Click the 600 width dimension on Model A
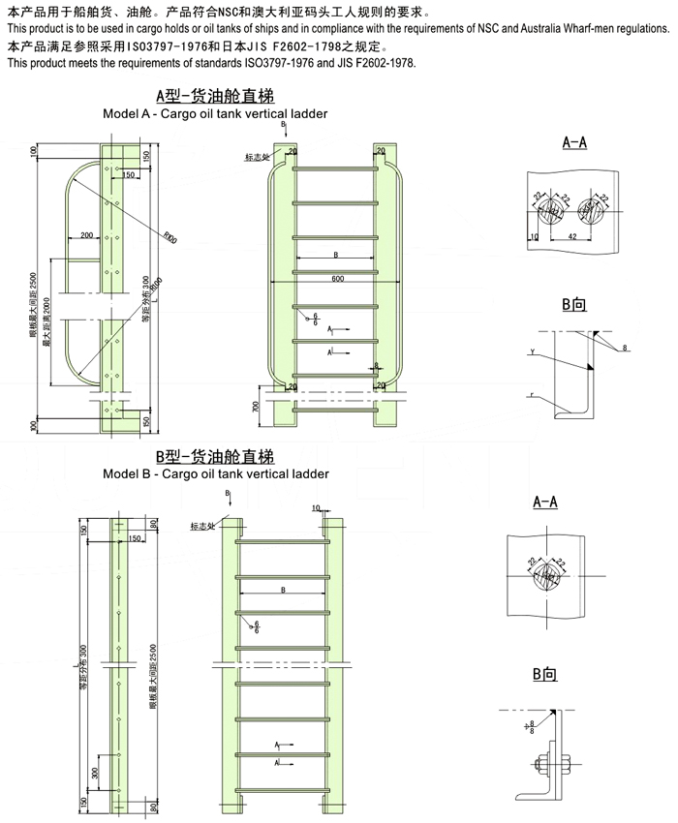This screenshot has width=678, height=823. (337, 280)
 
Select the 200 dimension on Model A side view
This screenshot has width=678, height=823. (86, 235)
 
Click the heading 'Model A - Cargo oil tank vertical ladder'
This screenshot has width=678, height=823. (215, 113)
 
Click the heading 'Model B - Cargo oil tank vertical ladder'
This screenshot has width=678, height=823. (215, 473)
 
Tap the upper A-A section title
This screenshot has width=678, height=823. (574, 142)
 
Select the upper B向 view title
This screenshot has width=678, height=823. (573, 305)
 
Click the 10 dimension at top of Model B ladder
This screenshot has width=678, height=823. (316, 507)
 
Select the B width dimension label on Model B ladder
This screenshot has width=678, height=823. (282, 589)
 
